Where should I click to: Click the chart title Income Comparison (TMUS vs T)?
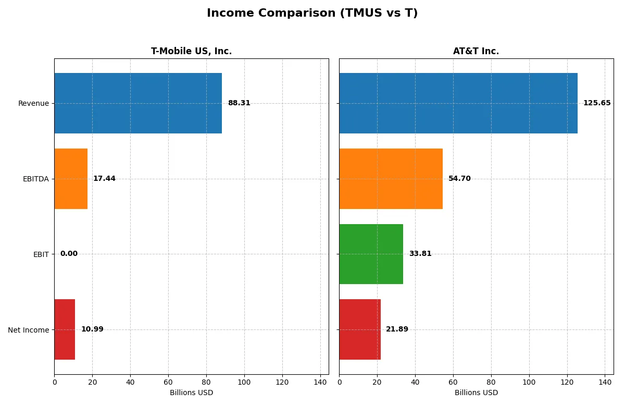point(312,13)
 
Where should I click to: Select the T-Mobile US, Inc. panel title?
point(191,51)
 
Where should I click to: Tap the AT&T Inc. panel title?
point(476,51)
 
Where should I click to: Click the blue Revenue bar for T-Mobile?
point(138,103)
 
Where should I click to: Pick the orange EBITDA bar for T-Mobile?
point(71,179)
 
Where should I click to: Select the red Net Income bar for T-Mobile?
point(65,329)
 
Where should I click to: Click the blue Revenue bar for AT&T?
point(458,103)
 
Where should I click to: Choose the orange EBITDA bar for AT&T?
point(391,179)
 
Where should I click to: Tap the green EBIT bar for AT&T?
point(371,254)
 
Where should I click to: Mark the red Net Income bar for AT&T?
point(360,329)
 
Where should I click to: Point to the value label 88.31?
point(239,103)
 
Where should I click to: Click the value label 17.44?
point(104,179)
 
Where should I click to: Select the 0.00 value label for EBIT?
point(69,254)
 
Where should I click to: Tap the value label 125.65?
point(597,103)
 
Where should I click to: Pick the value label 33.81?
point(420,254)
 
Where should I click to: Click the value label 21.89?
point(397,329)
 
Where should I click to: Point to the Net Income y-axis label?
point(28,330)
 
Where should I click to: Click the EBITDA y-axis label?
point(35,179)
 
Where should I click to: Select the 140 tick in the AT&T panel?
point(605,382)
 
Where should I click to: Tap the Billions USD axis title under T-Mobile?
point(191,393)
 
